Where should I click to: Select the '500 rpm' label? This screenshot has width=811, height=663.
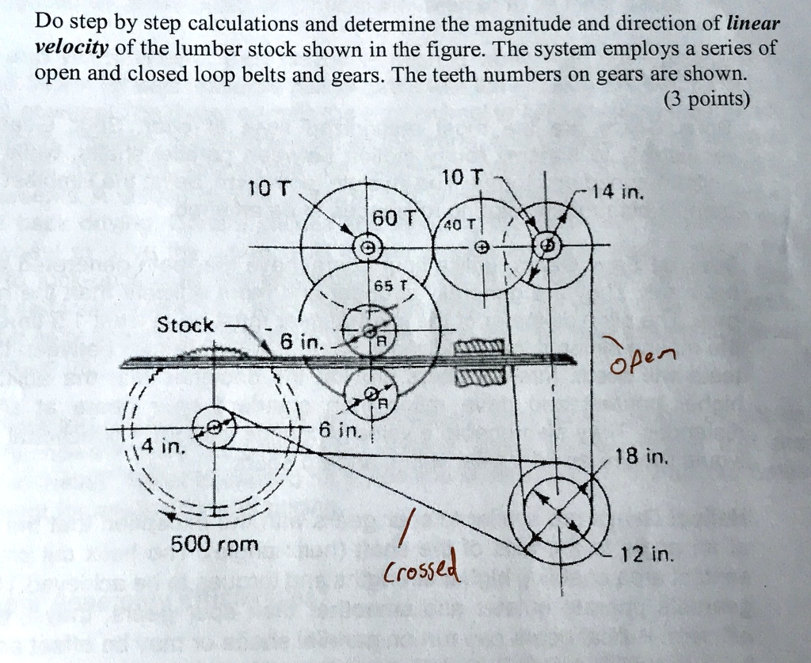[x=214, y=544]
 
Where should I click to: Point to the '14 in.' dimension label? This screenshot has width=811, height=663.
[x=618, y=193]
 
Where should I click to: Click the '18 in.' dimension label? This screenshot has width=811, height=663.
[x=642, y=456]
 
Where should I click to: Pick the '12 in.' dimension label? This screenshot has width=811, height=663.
[x=647, y=555]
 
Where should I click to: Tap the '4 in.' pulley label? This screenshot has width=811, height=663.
[x=163, y=445]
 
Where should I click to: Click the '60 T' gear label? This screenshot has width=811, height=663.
[x=394, y=219]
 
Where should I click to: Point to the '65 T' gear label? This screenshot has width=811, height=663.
[x=391, y=286]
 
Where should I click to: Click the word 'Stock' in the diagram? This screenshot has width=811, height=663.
[x=185, y=325]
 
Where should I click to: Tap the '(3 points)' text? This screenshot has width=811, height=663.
[x=706, y=98]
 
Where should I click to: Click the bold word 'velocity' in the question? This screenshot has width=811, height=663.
[x=71, y=48]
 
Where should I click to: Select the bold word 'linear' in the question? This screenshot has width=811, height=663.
[x=753, y=24]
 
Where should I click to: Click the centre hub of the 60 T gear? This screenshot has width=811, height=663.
[x=367, y=248]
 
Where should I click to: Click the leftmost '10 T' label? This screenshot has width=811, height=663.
[x=269, y=188]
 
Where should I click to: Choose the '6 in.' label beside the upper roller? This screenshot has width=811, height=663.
[x=302, y=342]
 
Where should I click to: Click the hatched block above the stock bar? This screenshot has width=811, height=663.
[x=479, y=347]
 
